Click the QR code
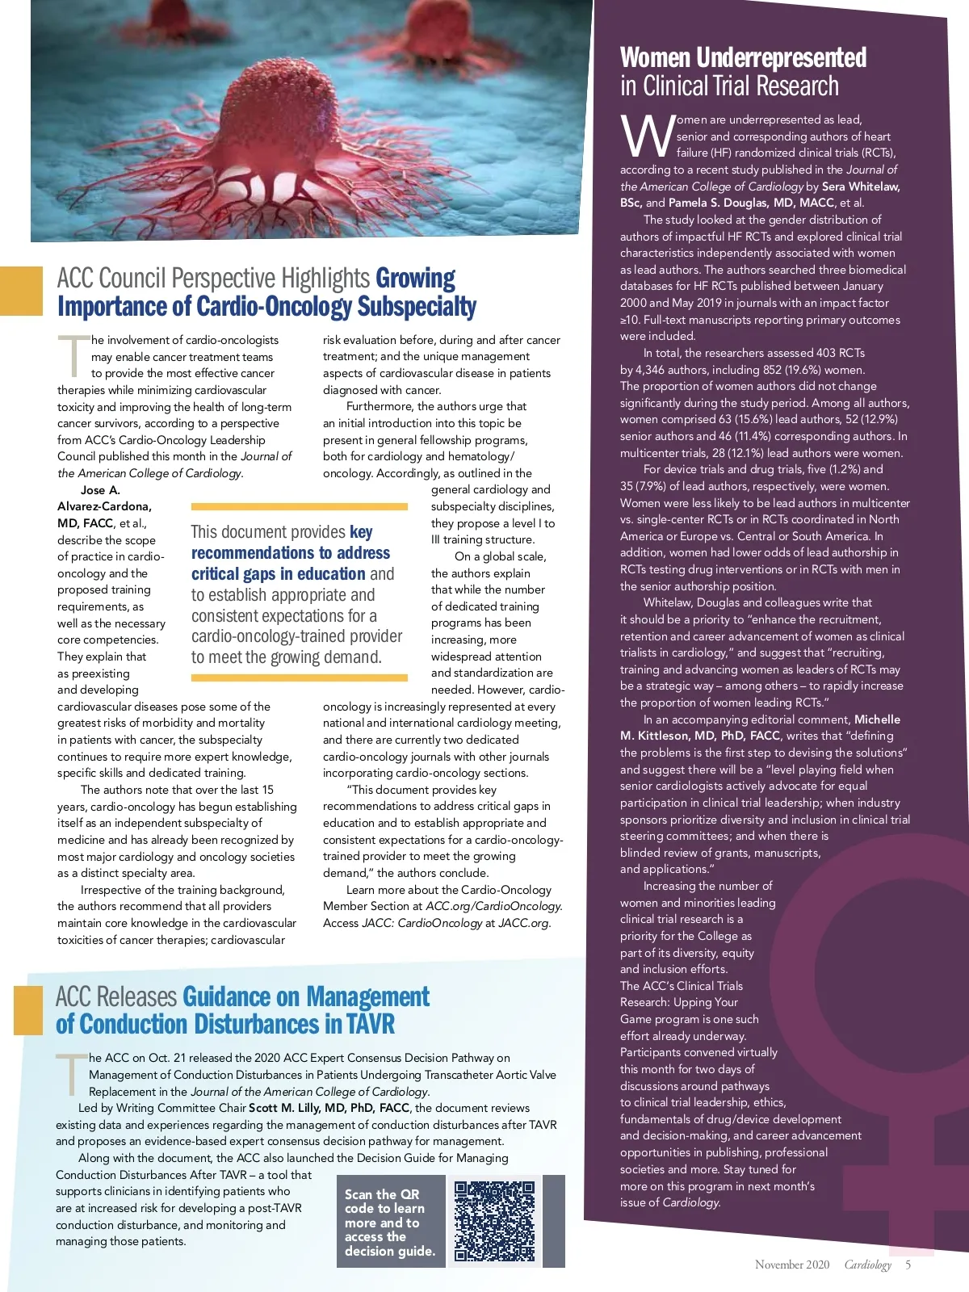click(x=494, y=1221)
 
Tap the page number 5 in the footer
click(x=908, y=1265)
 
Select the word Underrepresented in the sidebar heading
click(x=781, y=58)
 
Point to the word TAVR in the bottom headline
click(x=371, y=1024)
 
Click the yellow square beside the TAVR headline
click(x=28, y=1010)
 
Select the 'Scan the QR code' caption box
click(x=390, y=1221)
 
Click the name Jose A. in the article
click(x=100, y=490)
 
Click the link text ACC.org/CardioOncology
click(x=493, y=906)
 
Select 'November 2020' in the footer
click(x=791, y=1265)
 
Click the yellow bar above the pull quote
click(x=299, y=506)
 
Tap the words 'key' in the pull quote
click(x=361, y=531)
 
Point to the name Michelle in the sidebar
click(x=877, y=719)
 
